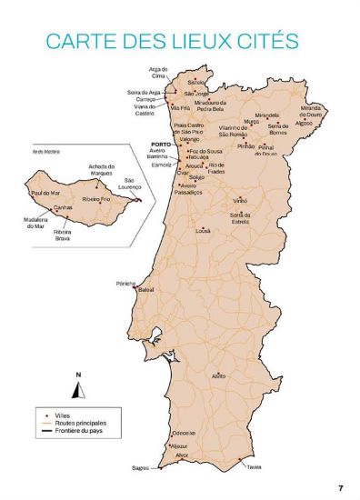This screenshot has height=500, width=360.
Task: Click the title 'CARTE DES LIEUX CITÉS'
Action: (173, 42)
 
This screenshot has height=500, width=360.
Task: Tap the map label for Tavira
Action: (254, 467)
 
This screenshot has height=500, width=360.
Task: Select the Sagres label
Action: (140, 468)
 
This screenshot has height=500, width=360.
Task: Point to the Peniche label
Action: (125, 284)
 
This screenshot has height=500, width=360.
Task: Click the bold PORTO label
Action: (161, 145)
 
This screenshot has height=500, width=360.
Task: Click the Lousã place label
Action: (203, 231)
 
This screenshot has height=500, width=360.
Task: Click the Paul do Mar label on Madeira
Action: (46, 193)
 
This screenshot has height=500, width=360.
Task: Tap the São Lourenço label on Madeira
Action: (135, 185)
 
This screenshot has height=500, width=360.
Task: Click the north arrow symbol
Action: (78, 388)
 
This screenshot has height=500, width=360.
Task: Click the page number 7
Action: (339, 487)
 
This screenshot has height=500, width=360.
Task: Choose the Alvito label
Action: (218, 375)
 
